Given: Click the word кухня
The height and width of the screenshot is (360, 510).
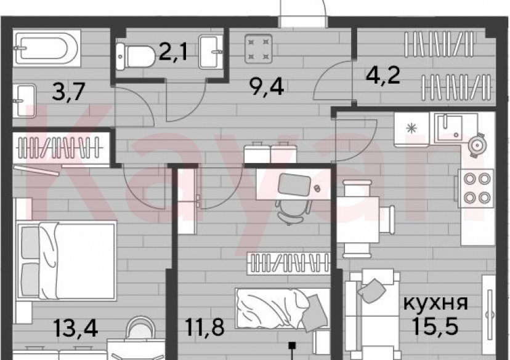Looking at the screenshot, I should click(435, 303).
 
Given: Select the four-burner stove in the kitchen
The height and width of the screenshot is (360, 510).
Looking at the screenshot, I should click(474, 188).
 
